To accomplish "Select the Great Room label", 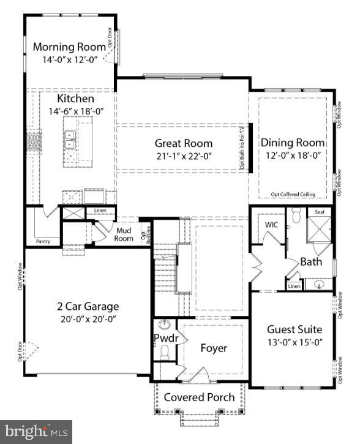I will (x=183, y=143).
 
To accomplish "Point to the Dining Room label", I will (x=293, y=143).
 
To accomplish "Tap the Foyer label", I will (x=214, y=348).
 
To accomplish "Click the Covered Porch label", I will (x=199, y=397).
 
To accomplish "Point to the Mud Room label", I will (x=124, y=235).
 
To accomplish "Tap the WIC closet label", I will (x=271, y=225).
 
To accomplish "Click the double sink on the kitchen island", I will (x=70, y=140).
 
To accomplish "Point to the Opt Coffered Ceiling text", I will (x=293, y=194).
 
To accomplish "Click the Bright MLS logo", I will (x=36, y=431).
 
